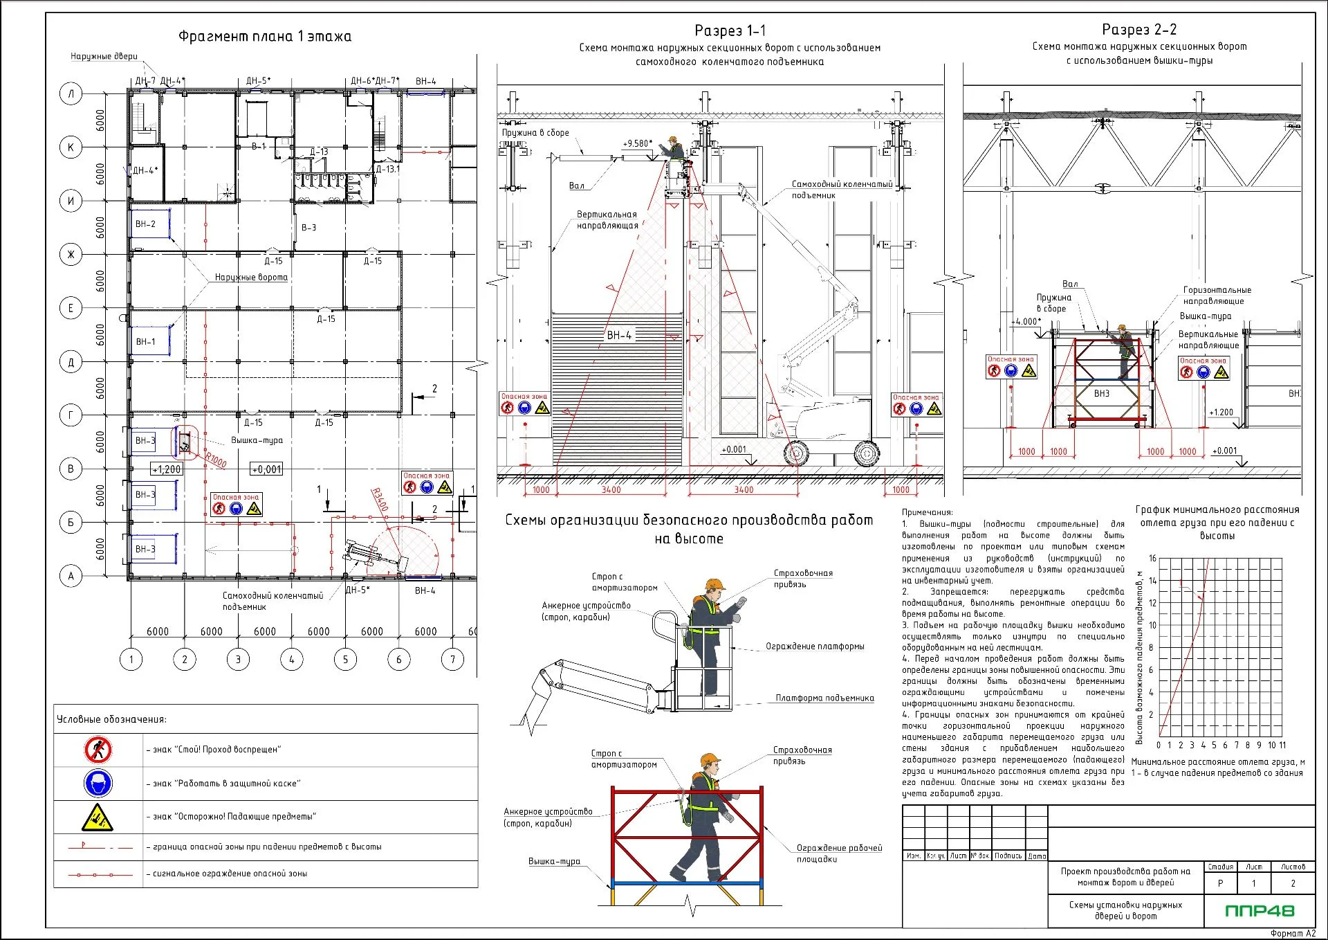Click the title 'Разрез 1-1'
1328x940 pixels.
730,30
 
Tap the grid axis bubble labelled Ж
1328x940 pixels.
71,255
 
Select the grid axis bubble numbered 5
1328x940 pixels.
345,659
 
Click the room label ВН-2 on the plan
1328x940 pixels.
145,224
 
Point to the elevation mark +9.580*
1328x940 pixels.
637,144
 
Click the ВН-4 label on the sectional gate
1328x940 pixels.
619,335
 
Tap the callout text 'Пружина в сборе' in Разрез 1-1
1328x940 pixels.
535,133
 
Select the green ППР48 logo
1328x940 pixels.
1260,911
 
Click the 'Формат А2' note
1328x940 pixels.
1293,933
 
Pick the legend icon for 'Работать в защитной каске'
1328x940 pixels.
98,784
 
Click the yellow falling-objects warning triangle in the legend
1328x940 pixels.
98,817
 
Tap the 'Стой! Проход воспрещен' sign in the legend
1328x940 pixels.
98,750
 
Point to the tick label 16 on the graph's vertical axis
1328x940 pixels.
1152,558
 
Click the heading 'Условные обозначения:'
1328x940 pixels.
111,719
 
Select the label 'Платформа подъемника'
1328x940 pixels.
824,698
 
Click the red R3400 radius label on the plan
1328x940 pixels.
380,500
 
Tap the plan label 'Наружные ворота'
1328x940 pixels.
251,278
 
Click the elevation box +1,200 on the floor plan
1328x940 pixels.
167,469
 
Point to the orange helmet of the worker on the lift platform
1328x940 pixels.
714,585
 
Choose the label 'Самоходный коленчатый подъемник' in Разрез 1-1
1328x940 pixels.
842,190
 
